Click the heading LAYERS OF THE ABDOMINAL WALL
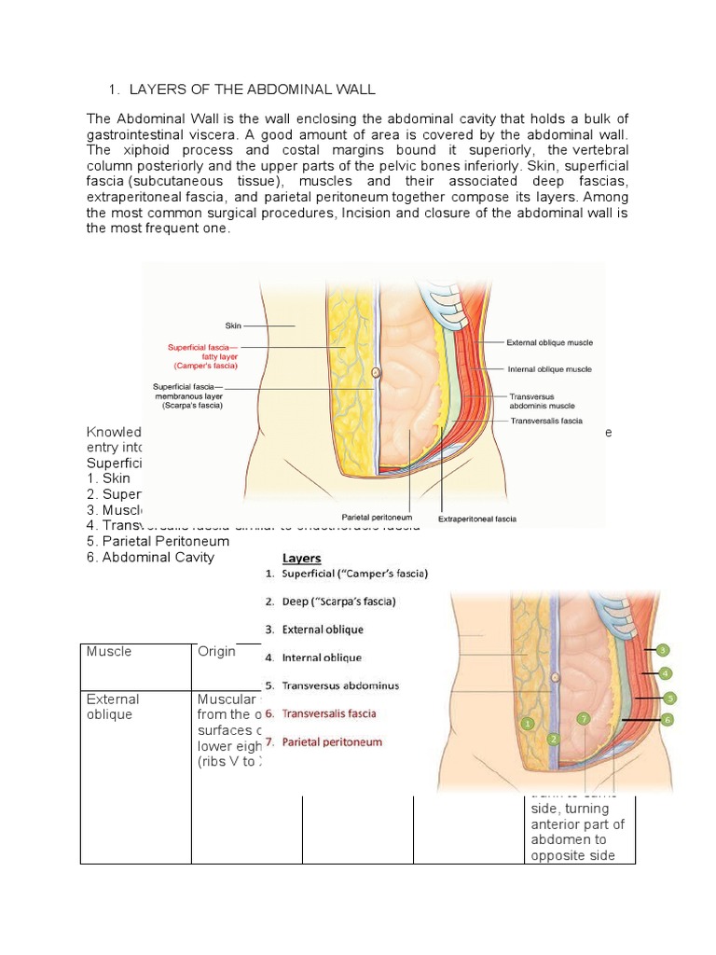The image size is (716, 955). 251,89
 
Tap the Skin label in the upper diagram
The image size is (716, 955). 233,325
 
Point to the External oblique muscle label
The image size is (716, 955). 550,342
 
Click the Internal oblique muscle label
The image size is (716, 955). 548,368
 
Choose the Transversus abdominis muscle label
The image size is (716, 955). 542,400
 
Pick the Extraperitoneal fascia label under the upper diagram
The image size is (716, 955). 477,519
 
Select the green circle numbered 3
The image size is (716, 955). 663,650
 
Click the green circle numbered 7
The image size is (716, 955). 584,718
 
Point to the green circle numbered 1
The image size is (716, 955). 528,722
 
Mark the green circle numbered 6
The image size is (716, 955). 667,719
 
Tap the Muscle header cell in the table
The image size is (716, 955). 108,652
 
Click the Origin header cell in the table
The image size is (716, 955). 216,652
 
